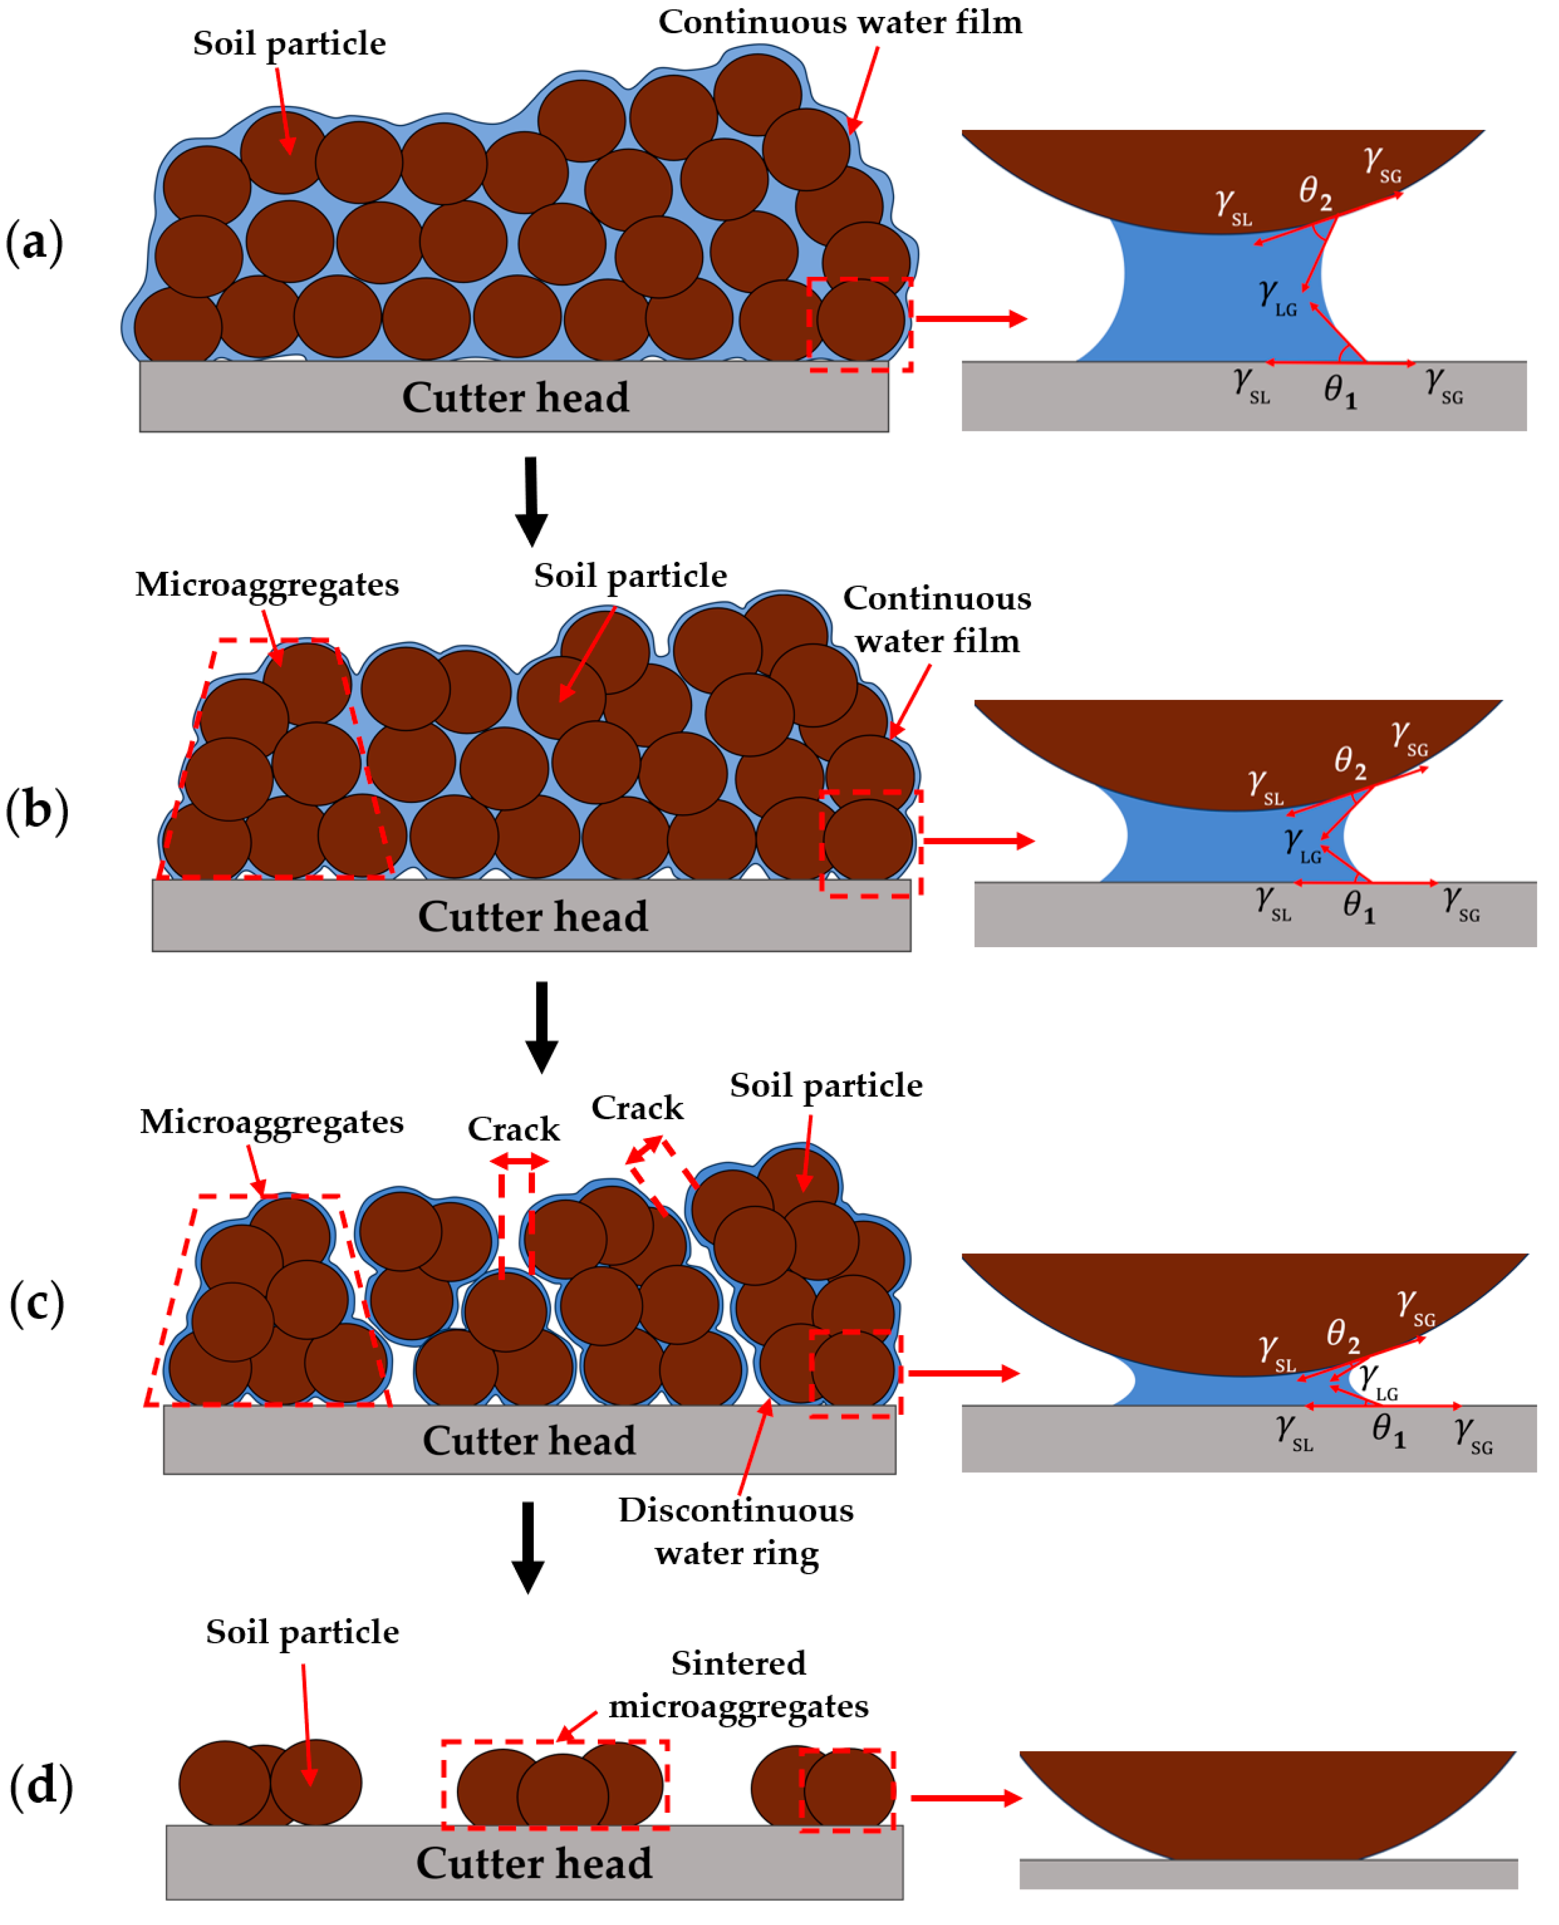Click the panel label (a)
click(34, 243)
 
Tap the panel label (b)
click(36, 811)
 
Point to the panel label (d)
click(40, 1784)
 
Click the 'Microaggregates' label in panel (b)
click(267, 584)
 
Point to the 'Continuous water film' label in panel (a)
click(840, 23)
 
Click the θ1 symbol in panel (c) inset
click(1388, 1429)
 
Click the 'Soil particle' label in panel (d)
click(302, 1631)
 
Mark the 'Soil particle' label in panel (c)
click(825, 1085)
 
